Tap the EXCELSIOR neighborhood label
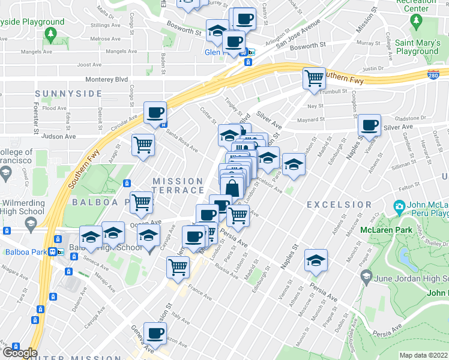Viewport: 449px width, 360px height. (x=339, y=205)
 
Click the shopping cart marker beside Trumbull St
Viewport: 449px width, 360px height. (x=314, y=78)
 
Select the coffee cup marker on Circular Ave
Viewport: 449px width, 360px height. (x=155, y=113)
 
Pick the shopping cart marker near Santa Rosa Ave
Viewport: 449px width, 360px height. (x=143, y=145)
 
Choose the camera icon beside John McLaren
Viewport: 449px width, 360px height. (x=399, y=208)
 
